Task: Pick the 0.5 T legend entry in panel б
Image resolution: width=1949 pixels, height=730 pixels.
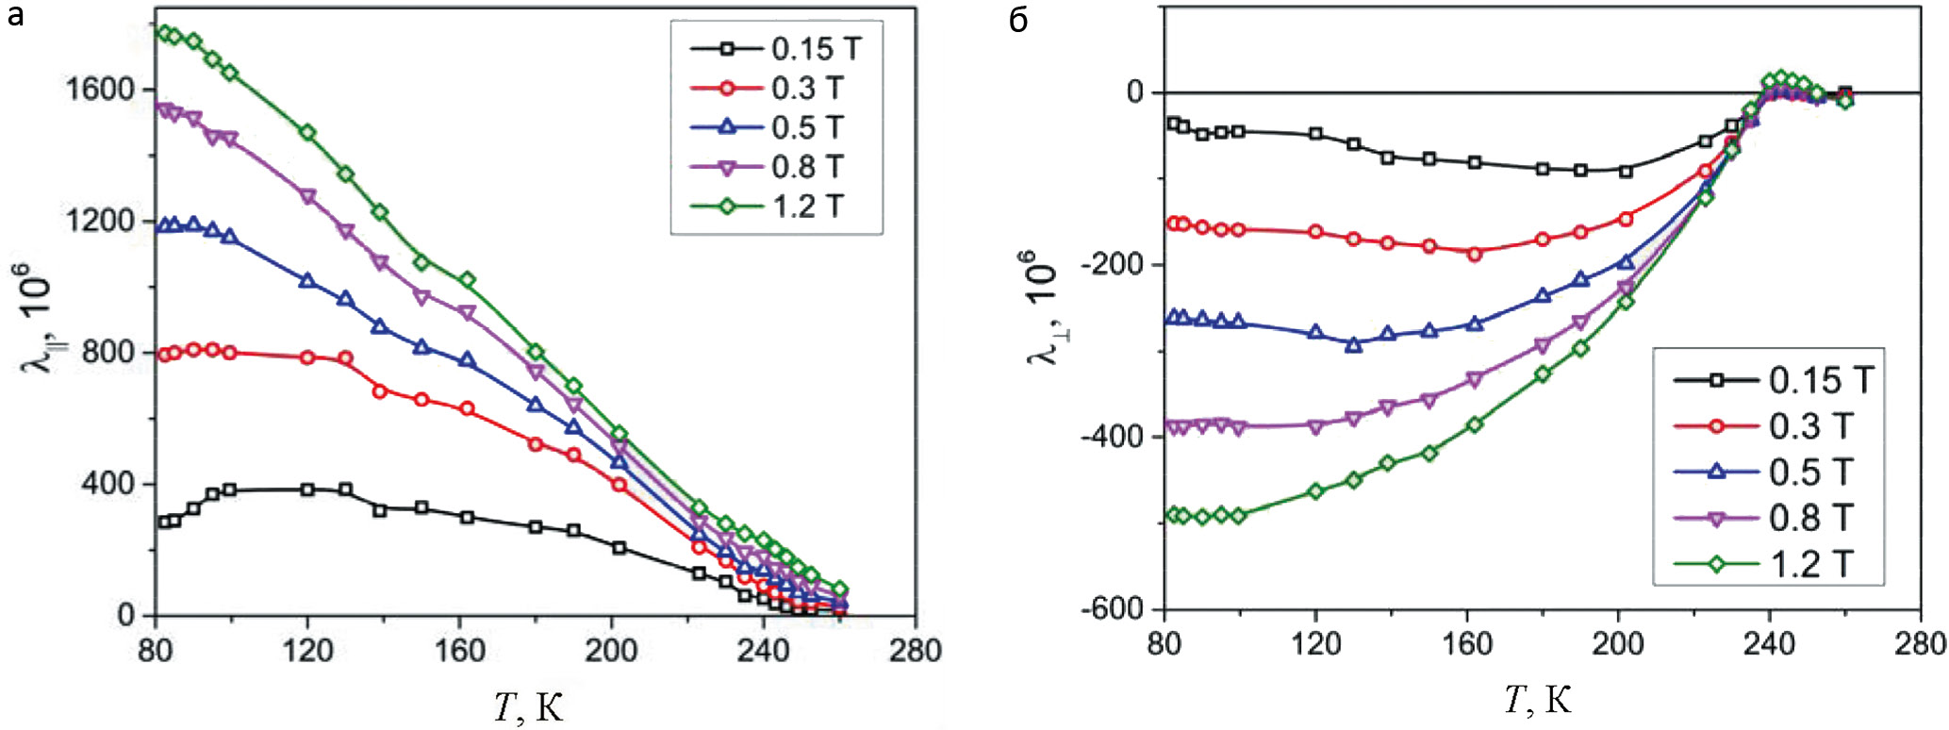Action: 1763,472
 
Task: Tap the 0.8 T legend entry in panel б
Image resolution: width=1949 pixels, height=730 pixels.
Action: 1763,518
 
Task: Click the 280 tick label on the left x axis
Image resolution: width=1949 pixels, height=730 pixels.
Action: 916,650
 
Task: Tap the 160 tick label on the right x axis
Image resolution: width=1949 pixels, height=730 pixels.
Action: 1467,644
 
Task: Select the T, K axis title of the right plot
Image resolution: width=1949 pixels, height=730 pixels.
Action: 1538,700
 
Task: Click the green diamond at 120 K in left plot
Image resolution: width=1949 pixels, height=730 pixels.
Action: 307,133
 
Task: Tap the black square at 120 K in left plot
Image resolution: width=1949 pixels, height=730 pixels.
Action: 307,489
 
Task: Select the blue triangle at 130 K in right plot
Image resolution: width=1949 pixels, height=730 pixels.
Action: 1353,345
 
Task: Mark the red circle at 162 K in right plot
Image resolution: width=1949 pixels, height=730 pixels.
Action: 1475,254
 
